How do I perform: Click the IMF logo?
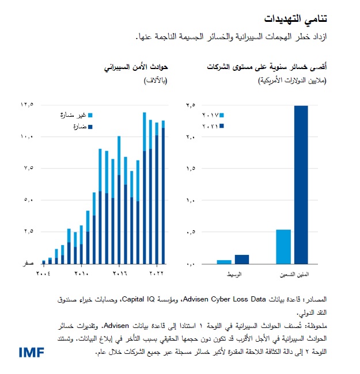[x=31, y=352]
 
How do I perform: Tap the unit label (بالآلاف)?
[x=154, y=81]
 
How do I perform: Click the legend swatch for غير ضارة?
[x=91, y=116]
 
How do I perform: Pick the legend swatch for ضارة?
[x=91, y=126]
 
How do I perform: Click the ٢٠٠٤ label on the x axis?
[x=44, y=273]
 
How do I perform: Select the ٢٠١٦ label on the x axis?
[x=119, y=273]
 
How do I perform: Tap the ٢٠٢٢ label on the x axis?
[x=157, y=273]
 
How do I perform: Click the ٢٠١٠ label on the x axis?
[x=82, y=273]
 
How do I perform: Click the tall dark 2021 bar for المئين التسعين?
[x=301, y=184]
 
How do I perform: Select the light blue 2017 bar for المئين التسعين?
[x=283, y=246]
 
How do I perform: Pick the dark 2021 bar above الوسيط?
[x=242, y=259]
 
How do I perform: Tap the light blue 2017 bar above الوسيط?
[x=224, y=262]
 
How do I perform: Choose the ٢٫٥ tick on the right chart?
[x=191, y=105]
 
